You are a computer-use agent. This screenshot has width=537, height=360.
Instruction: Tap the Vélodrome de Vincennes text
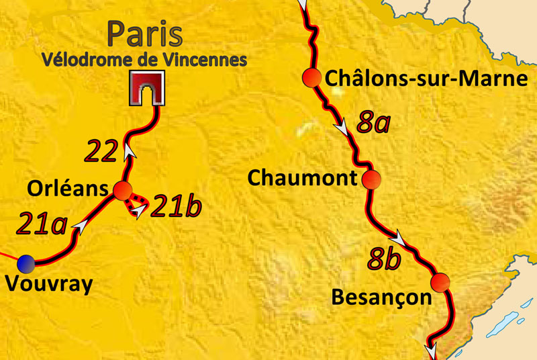pyautogui.click(x=144, y=59)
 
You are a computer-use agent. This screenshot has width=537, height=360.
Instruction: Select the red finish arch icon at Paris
pyautogui.click(x=146, y=89)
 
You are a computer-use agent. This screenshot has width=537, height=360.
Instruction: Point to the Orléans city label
pyautogui.click(x=58, y=190)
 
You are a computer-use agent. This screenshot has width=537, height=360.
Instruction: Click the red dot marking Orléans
pyautogui.click(x=122, y=191)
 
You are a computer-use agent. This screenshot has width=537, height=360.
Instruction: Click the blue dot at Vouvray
pyautogui.click(x=26, y=262)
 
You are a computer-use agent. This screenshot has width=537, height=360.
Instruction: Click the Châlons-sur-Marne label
pyautogui.click(x=426, y=79)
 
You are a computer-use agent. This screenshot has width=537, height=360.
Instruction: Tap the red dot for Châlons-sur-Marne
pyautogui.click(x=311, y=77)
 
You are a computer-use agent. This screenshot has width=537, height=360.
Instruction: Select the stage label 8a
pyautogui.click(x=374, y=123)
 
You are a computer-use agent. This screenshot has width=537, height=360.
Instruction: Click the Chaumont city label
pyautogui.click(x=300, y=179)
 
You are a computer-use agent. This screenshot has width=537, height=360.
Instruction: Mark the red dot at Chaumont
pyautogui.click(x=371, y=179)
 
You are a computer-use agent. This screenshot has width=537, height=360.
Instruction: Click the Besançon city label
pyautogui.click(x=381, y=296)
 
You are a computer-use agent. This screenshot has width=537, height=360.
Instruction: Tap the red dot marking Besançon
pyautogui.click(x=439, y=281)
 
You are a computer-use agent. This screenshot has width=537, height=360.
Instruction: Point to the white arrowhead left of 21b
pyautogui.click(x=138, y=212)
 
